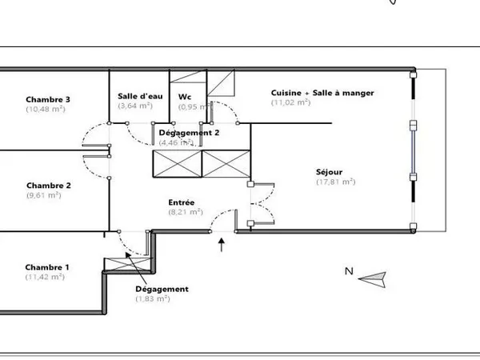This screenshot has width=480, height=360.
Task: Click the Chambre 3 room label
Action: (x=48, y=99)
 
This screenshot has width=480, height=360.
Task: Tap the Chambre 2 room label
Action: (x=49, y=186)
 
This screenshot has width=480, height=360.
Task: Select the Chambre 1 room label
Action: (x=47, y=267)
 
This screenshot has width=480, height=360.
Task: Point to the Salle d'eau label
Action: (x=140, y=96)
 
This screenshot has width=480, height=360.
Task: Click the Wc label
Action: (x=185, y=97)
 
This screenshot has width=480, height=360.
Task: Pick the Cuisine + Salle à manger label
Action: (x=322, y=93)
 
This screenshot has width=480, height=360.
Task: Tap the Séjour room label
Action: (x=329, y=172)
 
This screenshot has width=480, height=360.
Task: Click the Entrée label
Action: (x=182, y=202)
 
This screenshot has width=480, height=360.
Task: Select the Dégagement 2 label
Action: (x=189, y=133)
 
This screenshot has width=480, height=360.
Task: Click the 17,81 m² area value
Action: (x=336, y=182)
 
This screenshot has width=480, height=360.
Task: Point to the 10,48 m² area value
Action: (x=46, y=109)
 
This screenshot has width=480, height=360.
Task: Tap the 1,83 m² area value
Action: (x=153, y=298)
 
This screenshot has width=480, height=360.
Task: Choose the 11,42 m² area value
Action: (x=45, y=277)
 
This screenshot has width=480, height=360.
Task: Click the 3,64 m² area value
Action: (x=135, y=106)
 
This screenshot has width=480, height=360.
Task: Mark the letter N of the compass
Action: (x=349, y=271)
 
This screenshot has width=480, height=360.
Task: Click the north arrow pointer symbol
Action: (x=373, y=279)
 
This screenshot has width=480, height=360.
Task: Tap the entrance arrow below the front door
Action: (x=222, y=245)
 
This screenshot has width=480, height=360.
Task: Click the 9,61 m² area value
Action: (x=44, y=195)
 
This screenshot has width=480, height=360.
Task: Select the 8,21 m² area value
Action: (x=186, y=212)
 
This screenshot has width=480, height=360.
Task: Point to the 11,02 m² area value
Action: (x=291, y=102)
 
